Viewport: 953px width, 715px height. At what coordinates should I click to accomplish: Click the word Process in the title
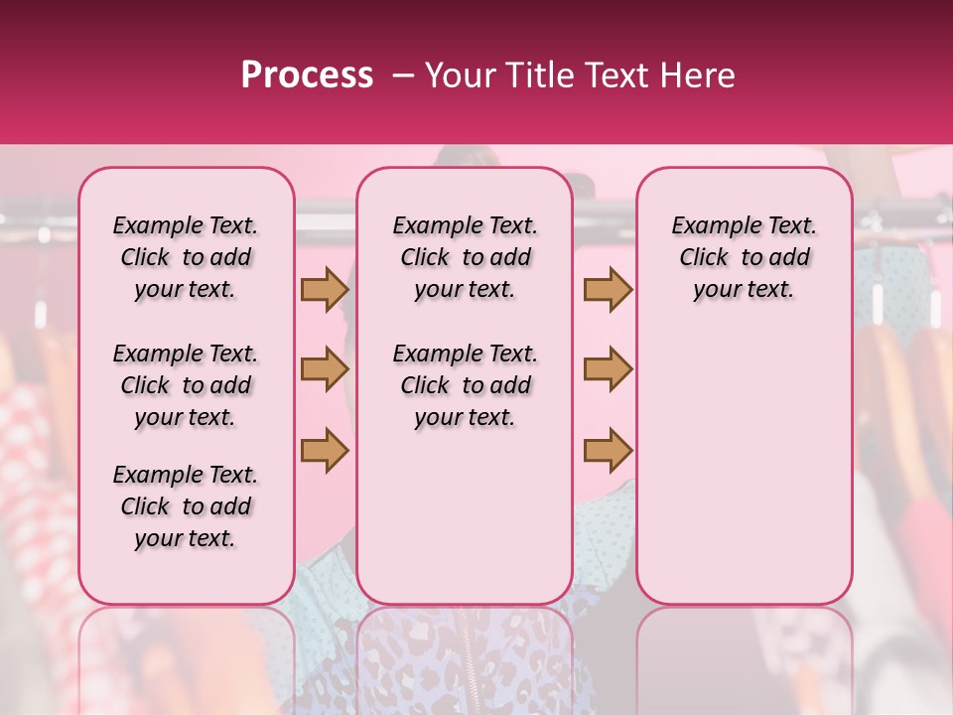[307, 75]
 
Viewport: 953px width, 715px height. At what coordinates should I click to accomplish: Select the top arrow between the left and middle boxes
[325, 290]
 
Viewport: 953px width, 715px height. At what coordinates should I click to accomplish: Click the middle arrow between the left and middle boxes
[325, 370]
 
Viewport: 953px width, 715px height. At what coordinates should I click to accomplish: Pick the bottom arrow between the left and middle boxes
[325, 450]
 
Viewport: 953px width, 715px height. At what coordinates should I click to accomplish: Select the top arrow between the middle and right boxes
[608, 290]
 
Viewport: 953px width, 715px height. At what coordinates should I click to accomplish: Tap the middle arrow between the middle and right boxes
[608, 370]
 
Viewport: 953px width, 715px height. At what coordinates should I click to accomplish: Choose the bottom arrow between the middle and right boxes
[608, 450]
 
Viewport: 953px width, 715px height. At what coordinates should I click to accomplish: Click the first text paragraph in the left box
[186, 257]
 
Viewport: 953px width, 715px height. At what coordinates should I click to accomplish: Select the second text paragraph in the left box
[186, 385]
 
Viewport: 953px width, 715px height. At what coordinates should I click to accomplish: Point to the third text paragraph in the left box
[186, 506]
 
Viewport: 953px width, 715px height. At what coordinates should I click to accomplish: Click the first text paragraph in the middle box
[465, 257]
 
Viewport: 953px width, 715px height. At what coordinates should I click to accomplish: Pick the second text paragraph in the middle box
[465, 385]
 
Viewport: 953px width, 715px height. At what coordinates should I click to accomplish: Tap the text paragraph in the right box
[744, 257]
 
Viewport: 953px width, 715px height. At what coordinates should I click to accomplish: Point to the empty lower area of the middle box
[465, 516]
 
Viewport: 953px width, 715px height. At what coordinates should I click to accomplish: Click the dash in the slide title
[402, 75]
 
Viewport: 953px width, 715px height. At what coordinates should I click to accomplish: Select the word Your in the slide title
[461, 75]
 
